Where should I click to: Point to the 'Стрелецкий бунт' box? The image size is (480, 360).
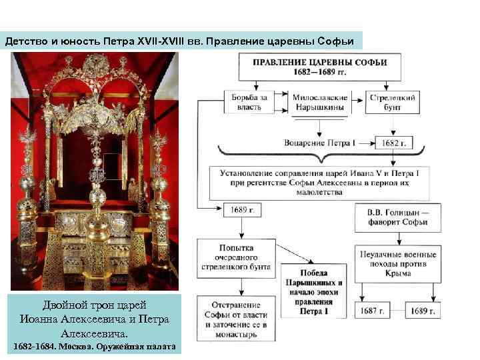[x=392, y=102]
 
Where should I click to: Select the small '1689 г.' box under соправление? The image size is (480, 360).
[x=243, y=210]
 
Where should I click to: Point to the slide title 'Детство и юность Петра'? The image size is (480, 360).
[x=183, y=41]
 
